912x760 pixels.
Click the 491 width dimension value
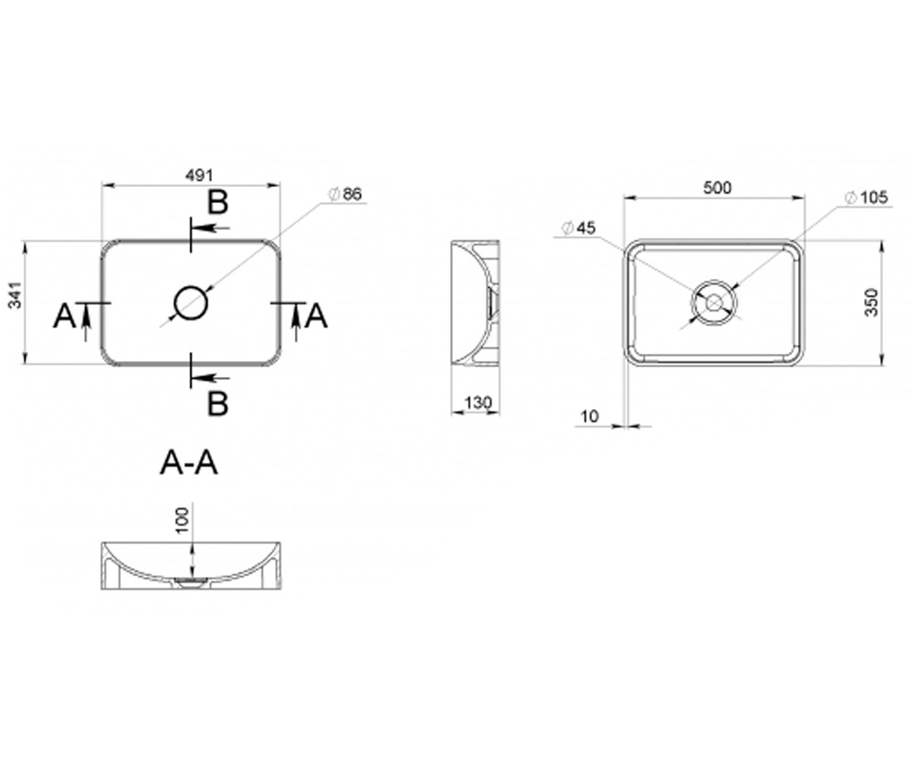coord(199,176)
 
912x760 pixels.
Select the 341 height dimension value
coord(15,296)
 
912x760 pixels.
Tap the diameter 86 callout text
coord(347,194)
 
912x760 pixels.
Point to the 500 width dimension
coord(717,188)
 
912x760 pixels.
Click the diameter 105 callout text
coord(866,198)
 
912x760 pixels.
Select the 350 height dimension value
coord(872,302)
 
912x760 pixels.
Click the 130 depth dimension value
coord(478,402)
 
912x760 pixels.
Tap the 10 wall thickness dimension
coord(590,416)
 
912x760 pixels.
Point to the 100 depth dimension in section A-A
coord(182,520)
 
